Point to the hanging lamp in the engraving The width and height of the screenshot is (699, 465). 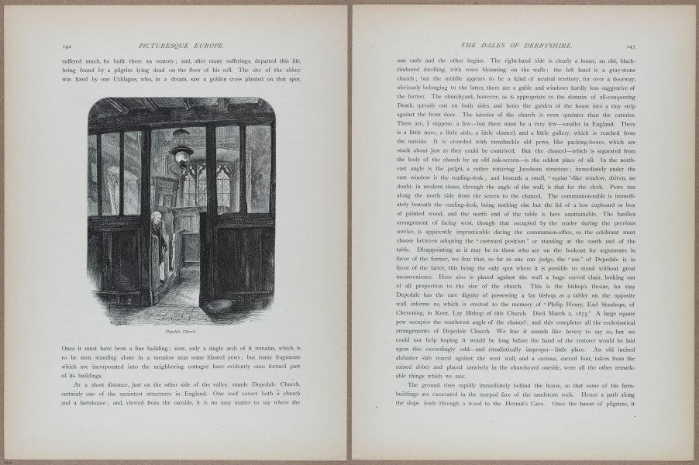[x=183, y=152]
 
